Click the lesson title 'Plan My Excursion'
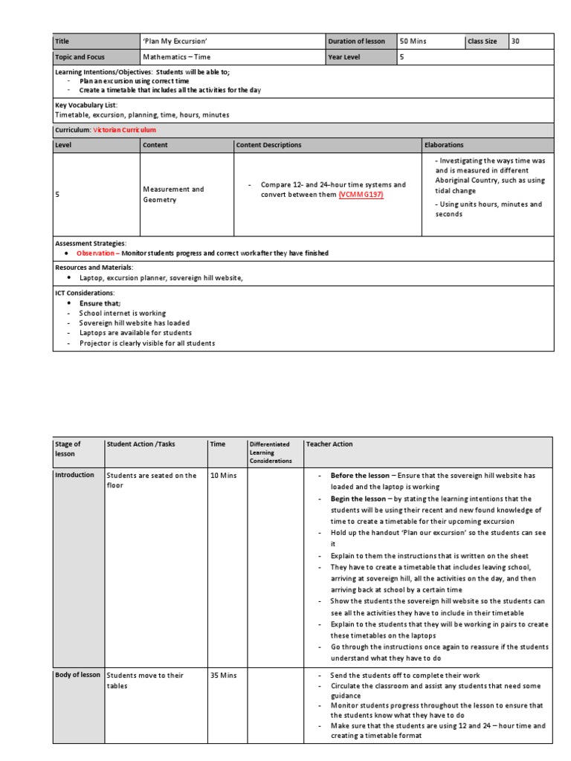174,42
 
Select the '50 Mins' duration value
413,42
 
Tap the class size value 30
516,42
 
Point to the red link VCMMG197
362,195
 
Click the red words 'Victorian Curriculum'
124,130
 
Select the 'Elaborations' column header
444,145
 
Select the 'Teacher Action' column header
329,444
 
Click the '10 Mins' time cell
223,476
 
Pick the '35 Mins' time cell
224,676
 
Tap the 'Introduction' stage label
75,475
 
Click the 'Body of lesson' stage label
77,675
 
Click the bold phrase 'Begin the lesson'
358,499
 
